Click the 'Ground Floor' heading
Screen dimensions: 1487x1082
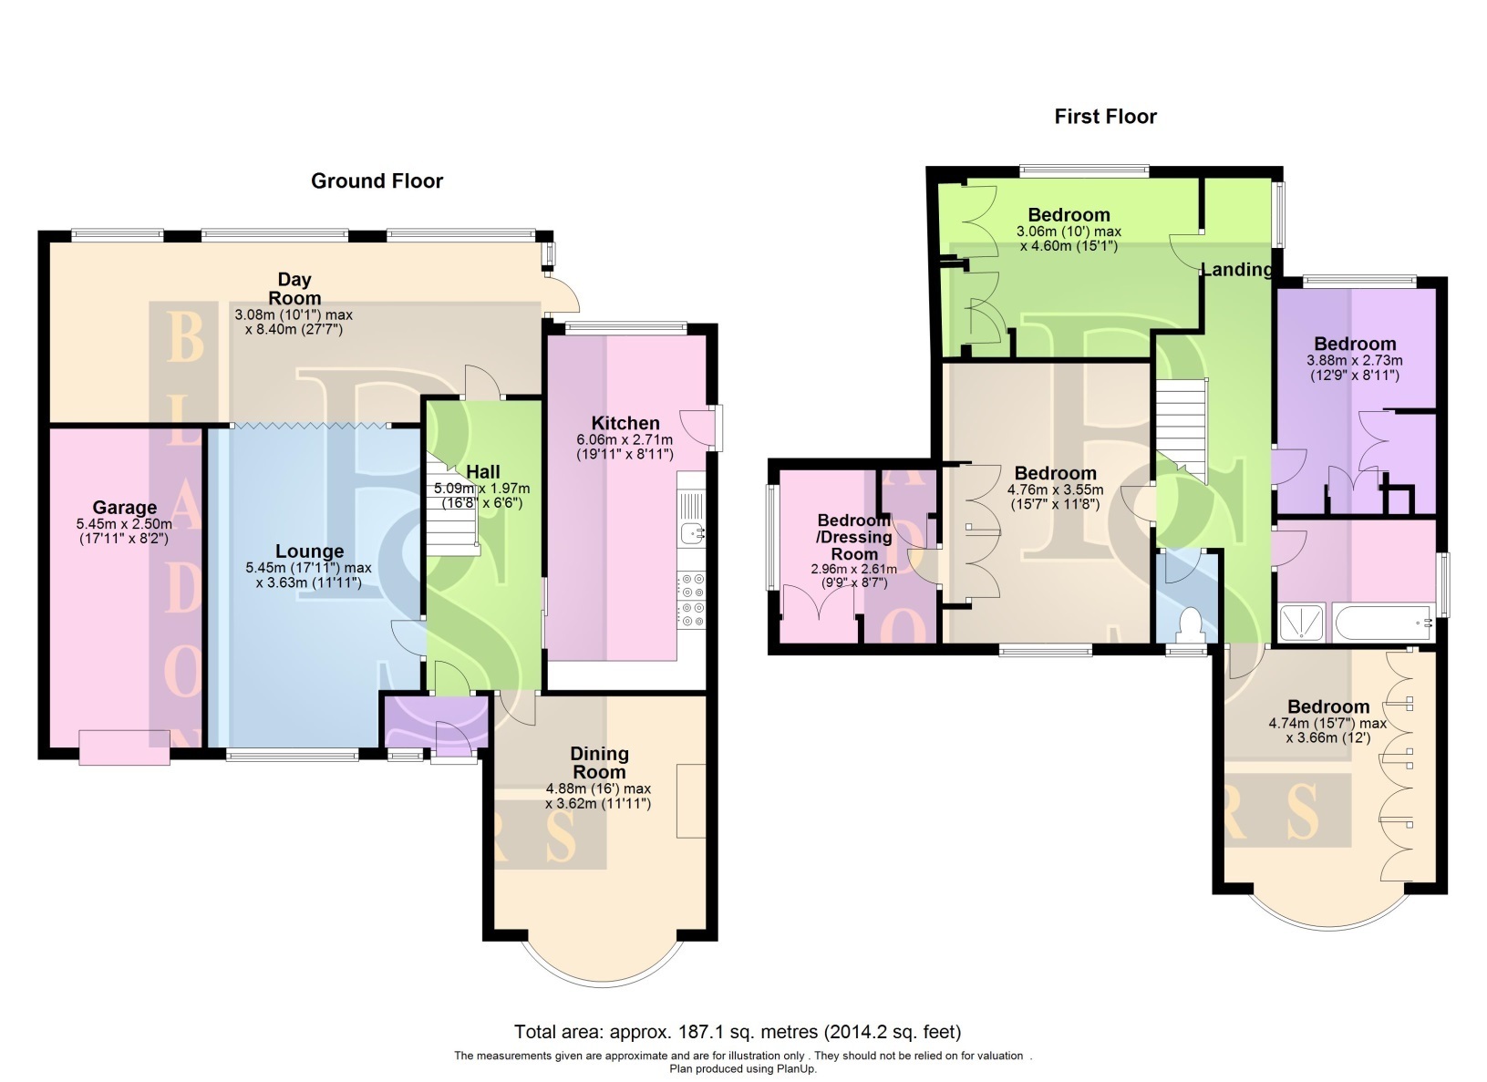(x=377, y=181)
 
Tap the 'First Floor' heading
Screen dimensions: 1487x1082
(x=1105, y=117)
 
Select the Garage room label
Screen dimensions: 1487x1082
(x=124, y=508)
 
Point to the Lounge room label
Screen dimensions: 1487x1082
(x=309, y=551)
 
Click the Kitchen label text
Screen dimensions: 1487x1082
(x=625, y=424)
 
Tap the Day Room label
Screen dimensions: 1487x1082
(x=294, y=289)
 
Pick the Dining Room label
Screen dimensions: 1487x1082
(x=599, y=763)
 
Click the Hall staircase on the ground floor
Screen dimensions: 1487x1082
(x=452, y=504)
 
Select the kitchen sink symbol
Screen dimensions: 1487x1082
(x=691, y=531)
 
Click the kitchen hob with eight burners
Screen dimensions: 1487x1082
(x=691, y=601)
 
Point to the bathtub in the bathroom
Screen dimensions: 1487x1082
(x=1383, y=623)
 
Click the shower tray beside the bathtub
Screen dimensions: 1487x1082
(x=1302, y=623)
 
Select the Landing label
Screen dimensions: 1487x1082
(x=1237, y=270)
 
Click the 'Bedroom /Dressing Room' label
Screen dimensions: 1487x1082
(x=853, y=537)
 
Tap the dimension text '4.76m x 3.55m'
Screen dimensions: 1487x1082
(x=1056, y=489)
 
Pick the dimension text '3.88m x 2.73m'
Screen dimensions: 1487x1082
(x=1355, y=361)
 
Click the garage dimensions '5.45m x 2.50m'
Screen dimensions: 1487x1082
(x=124, y=524)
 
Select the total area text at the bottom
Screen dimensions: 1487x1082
(x=738, y=1032)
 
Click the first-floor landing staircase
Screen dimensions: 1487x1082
(x=1182, y=431)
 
